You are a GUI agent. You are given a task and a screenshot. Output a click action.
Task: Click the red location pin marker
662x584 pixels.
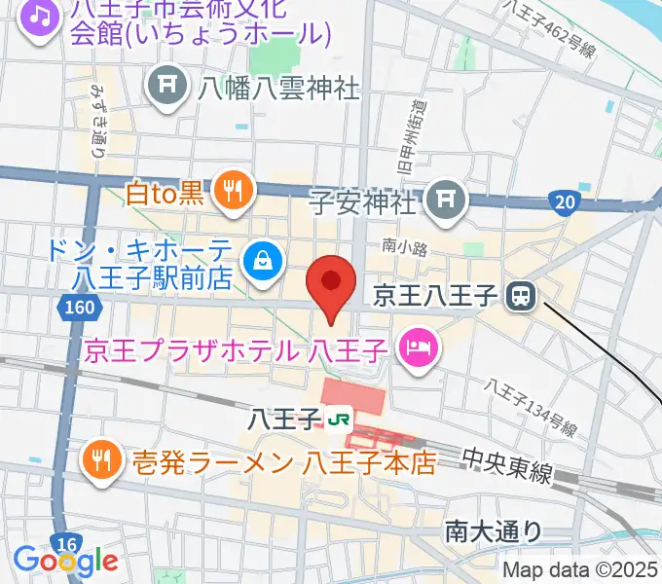pyautogui.click(x=330, y=285)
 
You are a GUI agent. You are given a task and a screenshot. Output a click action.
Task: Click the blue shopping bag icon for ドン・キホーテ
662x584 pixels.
pyautogui.click(x=263, y=258)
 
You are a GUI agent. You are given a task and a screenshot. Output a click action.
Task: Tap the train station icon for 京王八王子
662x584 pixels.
pyautogui.click(x=524, y=293)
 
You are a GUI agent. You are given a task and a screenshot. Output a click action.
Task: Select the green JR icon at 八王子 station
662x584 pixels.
pyautogui.click(x=339, y=420)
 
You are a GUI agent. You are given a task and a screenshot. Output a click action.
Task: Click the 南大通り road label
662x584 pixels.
pyautogui.click(x=494, y=530)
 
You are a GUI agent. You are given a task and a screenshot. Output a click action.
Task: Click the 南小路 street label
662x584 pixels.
pyautogui.click(x=405, y=248)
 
